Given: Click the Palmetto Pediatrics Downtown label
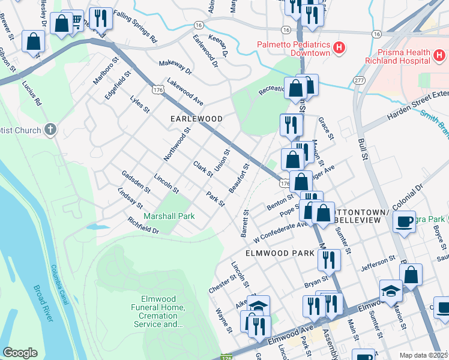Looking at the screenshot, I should pyautogui.click(x=294, y=48).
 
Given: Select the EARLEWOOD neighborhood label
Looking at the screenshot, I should pyautogui.click(x=196, y=119).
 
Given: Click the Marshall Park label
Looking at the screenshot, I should pyautogui.click(x=169, y=215).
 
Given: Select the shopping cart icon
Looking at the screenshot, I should pyautogui.click(x=76, y=22).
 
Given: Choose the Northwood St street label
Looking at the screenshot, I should pyautogui.click(x=177, y=144).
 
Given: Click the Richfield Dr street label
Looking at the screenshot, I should pyautogui.click(x=143, y=226).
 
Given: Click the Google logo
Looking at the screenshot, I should pyautogui.click(x=20, y=353).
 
